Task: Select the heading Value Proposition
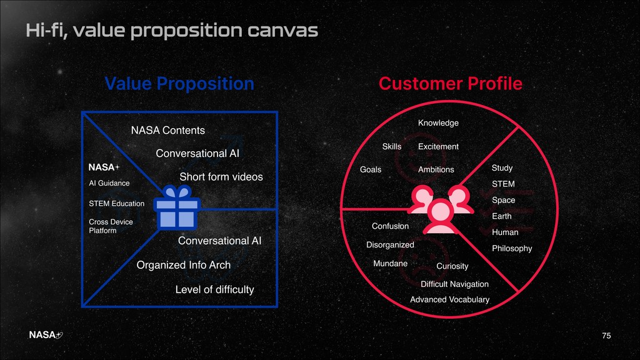[179, 84]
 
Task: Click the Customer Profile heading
[451, 84]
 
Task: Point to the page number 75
[606, 336]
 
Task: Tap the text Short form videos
[221, 177]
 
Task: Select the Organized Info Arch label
[184, 265]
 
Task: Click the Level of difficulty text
[215, 289]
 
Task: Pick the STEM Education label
[117, 204]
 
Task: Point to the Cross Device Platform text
[111, 226]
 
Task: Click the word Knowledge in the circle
[438, 123]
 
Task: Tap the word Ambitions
[436, 170]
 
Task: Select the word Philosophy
[512, 249]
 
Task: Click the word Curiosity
[452, 266]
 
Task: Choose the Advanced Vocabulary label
[449, 300]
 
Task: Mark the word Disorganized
[390, 245]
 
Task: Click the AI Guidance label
[109, 183]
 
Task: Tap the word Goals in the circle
[371, 170]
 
